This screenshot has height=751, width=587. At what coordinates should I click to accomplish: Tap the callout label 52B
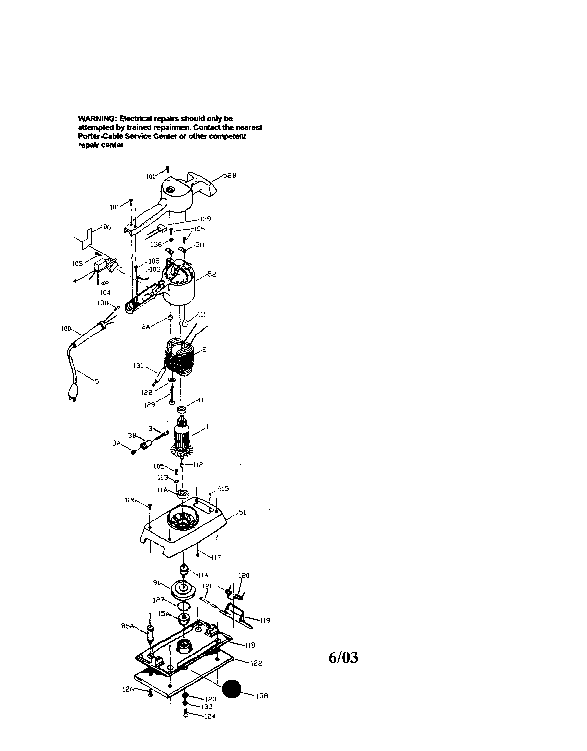tap(230, 175)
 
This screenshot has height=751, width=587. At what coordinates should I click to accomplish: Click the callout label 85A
tap(127, 626)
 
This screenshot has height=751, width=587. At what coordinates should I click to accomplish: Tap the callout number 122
tap(256, 663)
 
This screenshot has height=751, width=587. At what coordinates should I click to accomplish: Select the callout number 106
tap(106, 227)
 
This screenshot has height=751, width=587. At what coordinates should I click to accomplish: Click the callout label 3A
tap(116, 443)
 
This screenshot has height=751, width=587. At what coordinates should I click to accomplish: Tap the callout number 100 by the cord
tap(66, 328)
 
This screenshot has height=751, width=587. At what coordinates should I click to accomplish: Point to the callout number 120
tap(244, 575)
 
